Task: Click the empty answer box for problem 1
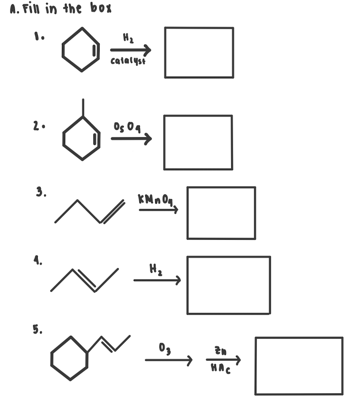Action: tap(199, 52)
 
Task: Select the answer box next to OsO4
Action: tap(198, 142)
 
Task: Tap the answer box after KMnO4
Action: tap(221, 213)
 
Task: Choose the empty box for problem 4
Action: tap(229, 285)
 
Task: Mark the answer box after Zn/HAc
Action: tap(299, 366)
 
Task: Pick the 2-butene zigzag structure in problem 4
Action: tap(85, 280)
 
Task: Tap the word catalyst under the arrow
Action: tap(128, 61)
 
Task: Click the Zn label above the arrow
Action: tap(221, 351)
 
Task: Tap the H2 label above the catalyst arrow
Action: tap(128, 39)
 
